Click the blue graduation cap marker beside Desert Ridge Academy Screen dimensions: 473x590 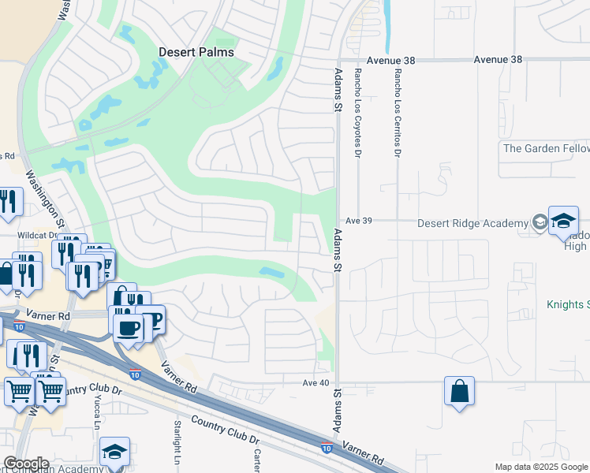tap(563, 222)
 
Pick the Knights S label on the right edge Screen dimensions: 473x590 tap(568, 304)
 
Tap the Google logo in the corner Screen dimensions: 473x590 tap(25, 464)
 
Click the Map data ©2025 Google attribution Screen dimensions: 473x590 tap(540, 467)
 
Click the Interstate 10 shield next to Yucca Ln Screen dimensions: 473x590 tap(136, 376)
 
